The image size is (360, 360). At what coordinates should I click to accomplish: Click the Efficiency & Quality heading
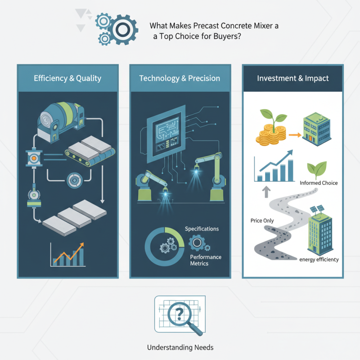tap(67, 78)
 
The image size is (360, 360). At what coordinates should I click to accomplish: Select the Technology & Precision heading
tap(180, 78)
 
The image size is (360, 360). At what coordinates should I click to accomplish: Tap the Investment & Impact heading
tap(293, 78)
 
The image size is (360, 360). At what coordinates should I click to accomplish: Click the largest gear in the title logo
tap(123, 30)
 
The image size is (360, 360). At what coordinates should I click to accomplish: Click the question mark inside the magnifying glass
tap(179, 314)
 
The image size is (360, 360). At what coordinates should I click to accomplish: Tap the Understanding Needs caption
tap(180, 347)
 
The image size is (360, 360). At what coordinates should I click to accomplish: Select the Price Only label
tap(262, 220)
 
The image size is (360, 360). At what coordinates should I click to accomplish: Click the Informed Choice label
tap(319, 183)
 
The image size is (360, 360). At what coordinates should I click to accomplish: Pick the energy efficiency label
tap(319, 260)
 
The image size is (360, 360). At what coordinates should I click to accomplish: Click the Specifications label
tap(202, 229)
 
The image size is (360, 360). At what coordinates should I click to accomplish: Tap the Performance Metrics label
tap(206, 260)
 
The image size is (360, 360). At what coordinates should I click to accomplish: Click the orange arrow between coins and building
tap(295, 135)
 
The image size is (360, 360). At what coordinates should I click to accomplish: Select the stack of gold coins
tap(271, 135)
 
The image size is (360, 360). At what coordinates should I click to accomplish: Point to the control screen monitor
tap(166, 134)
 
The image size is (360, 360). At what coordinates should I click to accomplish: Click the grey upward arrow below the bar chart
tap(266, 192)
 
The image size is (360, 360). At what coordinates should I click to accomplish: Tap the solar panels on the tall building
tap(317, 209)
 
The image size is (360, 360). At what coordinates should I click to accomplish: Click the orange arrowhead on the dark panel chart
tap(81, 245)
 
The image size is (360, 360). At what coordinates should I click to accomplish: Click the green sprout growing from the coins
tap(274, 117)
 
